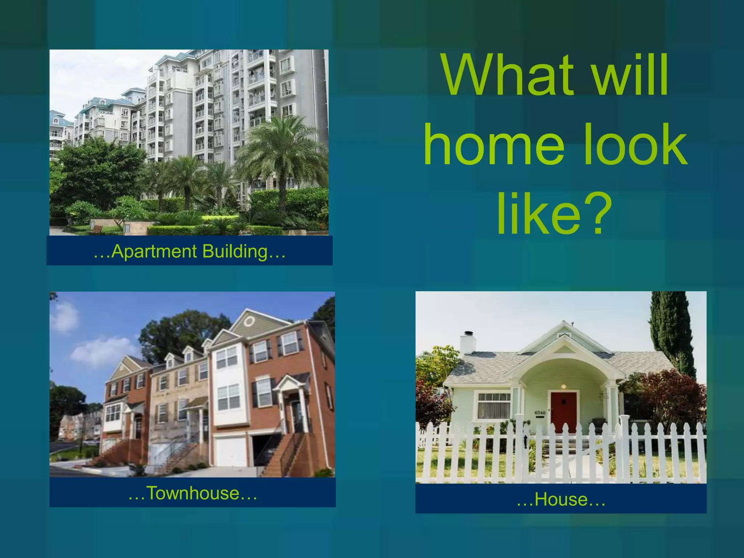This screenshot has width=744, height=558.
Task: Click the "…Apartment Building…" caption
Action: coord(189,251)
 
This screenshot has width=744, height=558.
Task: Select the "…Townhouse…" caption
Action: coord(193,493)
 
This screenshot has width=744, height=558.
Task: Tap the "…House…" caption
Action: coord(561,499)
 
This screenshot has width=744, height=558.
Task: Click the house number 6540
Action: coord(540,413)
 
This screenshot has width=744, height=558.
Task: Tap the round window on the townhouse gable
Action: coord(249,321)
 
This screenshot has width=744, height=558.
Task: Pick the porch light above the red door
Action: coord(563,386)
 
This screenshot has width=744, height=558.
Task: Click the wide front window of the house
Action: coord(494,405)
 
